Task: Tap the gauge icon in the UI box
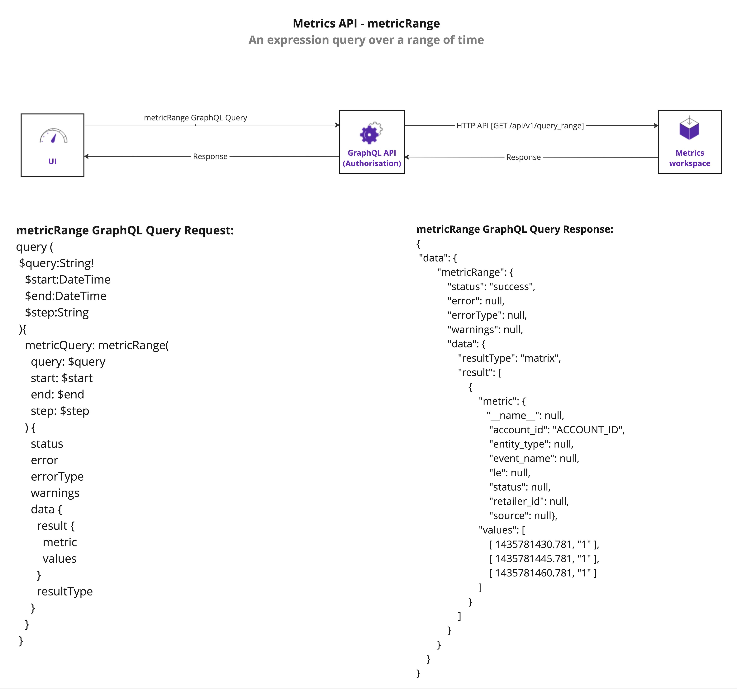coord(53,136)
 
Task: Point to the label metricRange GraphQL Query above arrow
coord(195,118)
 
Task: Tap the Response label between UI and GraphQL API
coord(210,157)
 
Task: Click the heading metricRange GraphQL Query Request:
coord(125,230)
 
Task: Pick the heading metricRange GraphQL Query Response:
coord(515,229)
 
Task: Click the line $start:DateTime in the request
coord(68,279)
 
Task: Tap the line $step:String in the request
coord(57,312)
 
